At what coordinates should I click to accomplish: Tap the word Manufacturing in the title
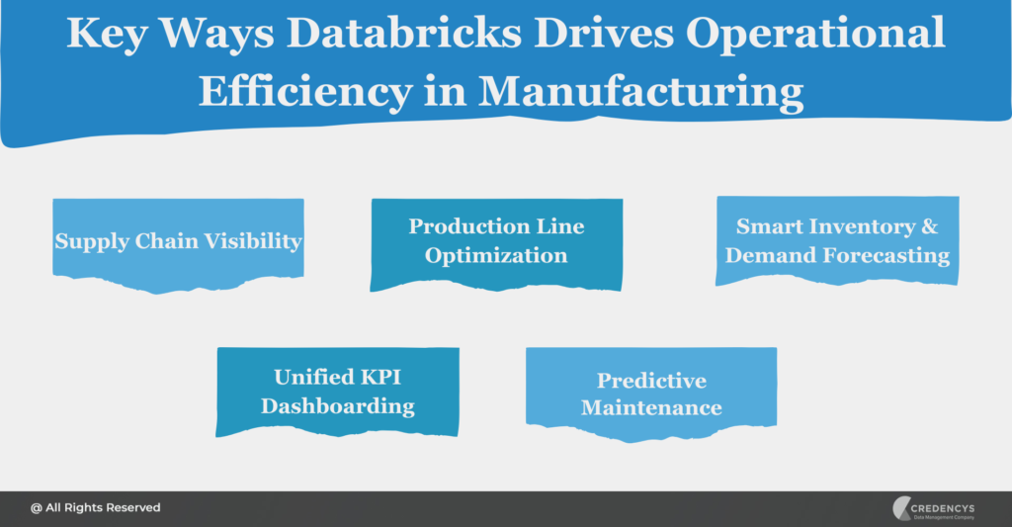click(x=640, y=92)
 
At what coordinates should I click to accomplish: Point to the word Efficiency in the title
click(x=305, y=92)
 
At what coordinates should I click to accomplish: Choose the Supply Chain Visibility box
click(x=178, y=245)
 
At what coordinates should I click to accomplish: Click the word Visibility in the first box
click(x=253, y=241)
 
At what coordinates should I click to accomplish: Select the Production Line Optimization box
click(x=496, y=245)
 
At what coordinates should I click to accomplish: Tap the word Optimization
click(x=496, y=256)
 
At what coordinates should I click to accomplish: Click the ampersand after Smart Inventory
click(x=929, y=226)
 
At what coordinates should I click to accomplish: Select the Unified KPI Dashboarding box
click(x=338, y=392)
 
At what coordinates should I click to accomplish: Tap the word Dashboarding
click(x=338, y=406)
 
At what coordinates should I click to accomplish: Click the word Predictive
click(x=651, y=381)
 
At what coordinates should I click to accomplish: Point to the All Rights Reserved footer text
click(x=96, y=507)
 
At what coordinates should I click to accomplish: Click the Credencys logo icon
click(x=901, y=508)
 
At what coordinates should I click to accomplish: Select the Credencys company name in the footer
click(x=943, y=508)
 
